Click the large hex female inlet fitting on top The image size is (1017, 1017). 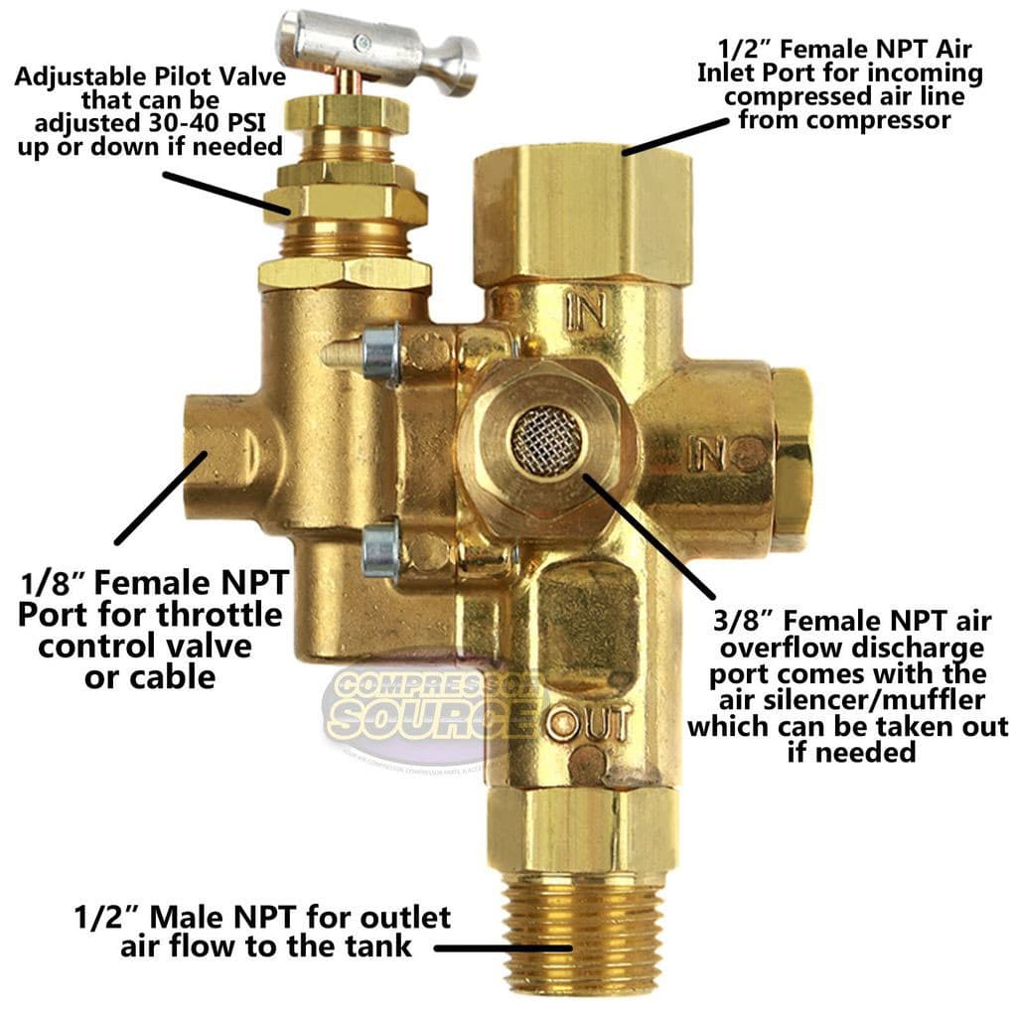[x=583, y=214]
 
